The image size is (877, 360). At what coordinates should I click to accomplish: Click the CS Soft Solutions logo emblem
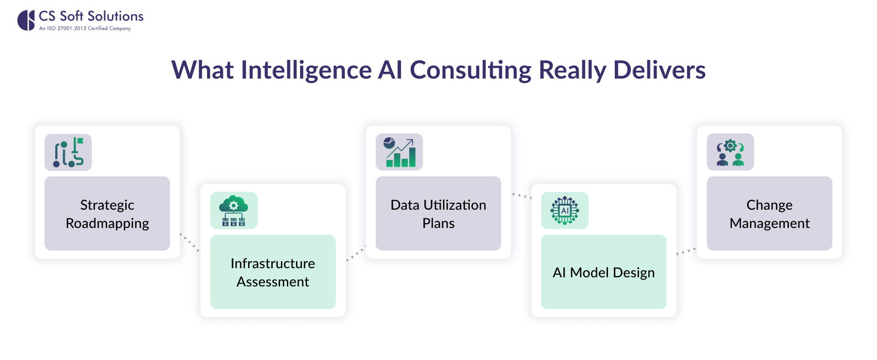coord(26,21)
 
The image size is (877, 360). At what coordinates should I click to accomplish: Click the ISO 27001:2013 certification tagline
coord(85,28)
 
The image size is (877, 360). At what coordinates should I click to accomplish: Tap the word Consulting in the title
coord(470,70)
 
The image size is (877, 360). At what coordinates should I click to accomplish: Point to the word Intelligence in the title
coord(306,70)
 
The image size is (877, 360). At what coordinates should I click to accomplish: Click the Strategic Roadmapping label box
coord(107,213)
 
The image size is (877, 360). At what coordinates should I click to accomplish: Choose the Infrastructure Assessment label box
coord(273,272)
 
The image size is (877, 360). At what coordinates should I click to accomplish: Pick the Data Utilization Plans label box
coord(438,213)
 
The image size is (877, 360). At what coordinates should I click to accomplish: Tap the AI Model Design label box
coord(603,272)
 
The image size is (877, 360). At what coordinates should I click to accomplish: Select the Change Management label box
coord(769,213)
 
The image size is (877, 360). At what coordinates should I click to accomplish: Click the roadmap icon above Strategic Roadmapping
coord(68,152)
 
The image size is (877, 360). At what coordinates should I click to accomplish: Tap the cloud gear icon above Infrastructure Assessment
coord(234,211)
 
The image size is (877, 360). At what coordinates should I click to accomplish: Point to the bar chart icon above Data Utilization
coord(399,152)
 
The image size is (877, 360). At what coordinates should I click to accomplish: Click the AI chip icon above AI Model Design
coord(565,211)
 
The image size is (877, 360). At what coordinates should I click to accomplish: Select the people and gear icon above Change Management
coord(730,152)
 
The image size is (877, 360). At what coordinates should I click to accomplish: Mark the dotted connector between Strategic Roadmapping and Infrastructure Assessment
coord(190,243)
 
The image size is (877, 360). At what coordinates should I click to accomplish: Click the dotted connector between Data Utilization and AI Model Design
coord(521,196)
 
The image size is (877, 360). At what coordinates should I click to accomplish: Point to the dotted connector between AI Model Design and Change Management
coord(686,251)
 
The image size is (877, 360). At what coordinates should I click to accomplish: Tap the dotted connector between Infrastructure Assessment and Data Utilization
coord(356,254)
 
